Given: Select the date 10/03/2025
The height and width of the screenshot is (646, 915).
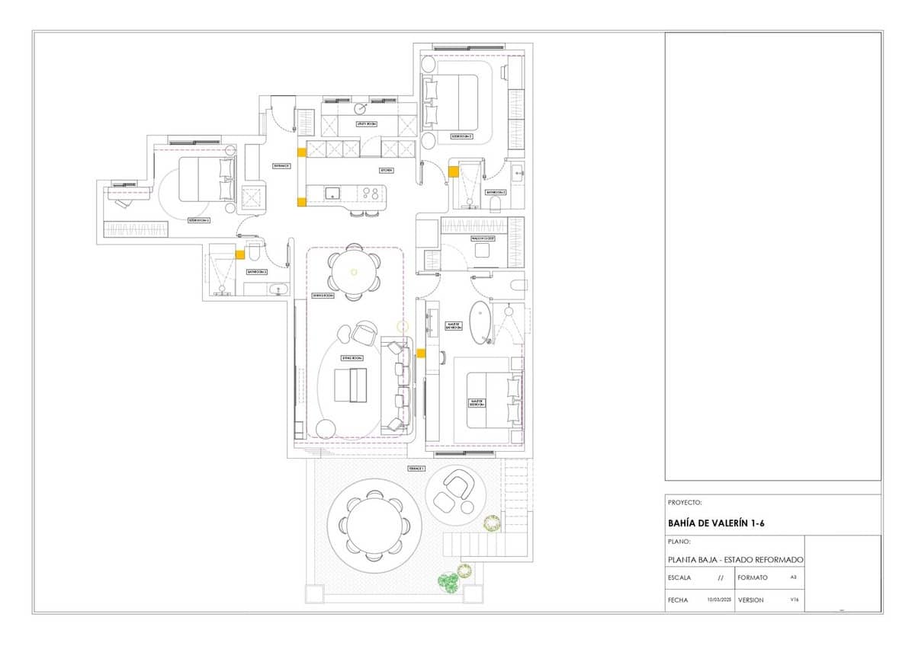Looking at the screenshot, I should pyautogui.click(x=719, y=600).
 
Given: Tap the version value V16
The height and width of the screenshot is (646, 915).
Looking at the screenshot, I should pyautogui.click(x=794, y=600).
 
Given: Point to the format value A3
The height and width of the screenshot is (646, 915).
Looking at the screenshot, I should pyautogui.click(x=793, y=577).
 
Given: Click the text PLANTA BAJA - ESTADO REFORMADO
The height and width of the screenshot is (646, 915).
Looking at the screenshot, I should pyautogui.click(x=734, y=560).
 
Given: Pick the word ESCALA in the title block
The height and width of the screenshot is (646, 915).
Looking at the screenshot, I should pyautogui.click(x=679, y=577).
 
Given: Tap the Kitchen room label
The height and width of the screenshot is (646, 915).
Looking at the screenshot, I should pyautogui.click(x=387, y=171).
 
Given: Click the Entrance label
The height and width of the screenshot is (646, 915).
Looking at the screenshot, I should pyautogui.click(x=281, y=165).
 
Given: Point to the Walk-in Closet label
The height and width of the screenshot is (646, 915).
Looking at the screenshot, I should pyautogui.click(x=483, y=238).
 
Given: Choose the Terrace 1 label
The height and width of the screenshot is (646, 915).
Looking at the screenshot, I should pyautogui.click(x=416, y=469).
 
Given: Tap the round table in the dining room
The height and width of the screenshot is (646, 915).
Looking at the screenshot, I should pyautogui.click(x=353, y=271).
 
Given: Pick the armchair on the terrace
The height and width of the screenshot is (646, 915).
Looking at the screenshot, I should pyautogui.click(x=458, y=482).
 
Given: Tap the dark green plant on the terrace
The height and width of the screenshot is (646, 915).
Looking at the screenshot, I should pyautogui.click(x=448, y=583).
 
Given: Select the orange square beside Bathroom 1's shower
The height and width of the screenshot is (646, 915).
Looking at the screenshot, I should pyautogui.click(x=239, y=256).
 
